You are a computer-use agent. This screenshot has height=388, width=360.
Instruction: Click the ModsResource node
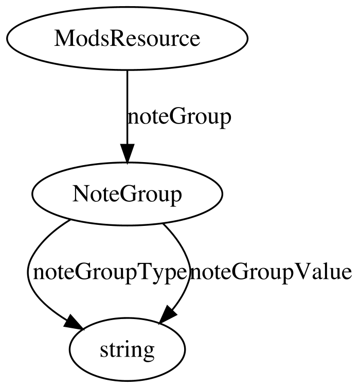tap(127, 39)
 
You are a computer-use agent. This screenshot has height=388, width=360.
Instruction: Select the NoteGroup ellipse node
tap(127, 194)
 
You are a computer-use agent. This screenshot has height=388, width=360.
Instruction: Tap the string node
tap(127, 349)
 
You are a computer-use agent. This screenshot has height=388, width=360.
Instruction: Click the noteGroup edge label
tap(179, 117)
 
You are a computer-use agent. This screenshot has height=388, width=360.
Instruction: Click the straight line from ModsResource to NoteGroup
tap(127, 107)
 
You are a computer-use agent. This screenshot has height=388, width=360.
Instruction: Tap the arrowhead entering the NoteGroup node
tap(127, 153)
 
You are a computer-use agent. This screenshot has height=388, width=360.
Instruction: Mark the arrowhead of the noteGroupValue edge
tap(168, 315)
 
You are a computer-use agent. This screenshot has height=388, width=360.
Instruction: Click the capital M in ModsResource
tap(64, 39)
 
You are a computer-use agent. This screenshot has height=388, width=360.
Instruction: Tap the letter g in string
tap(148, 352)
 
